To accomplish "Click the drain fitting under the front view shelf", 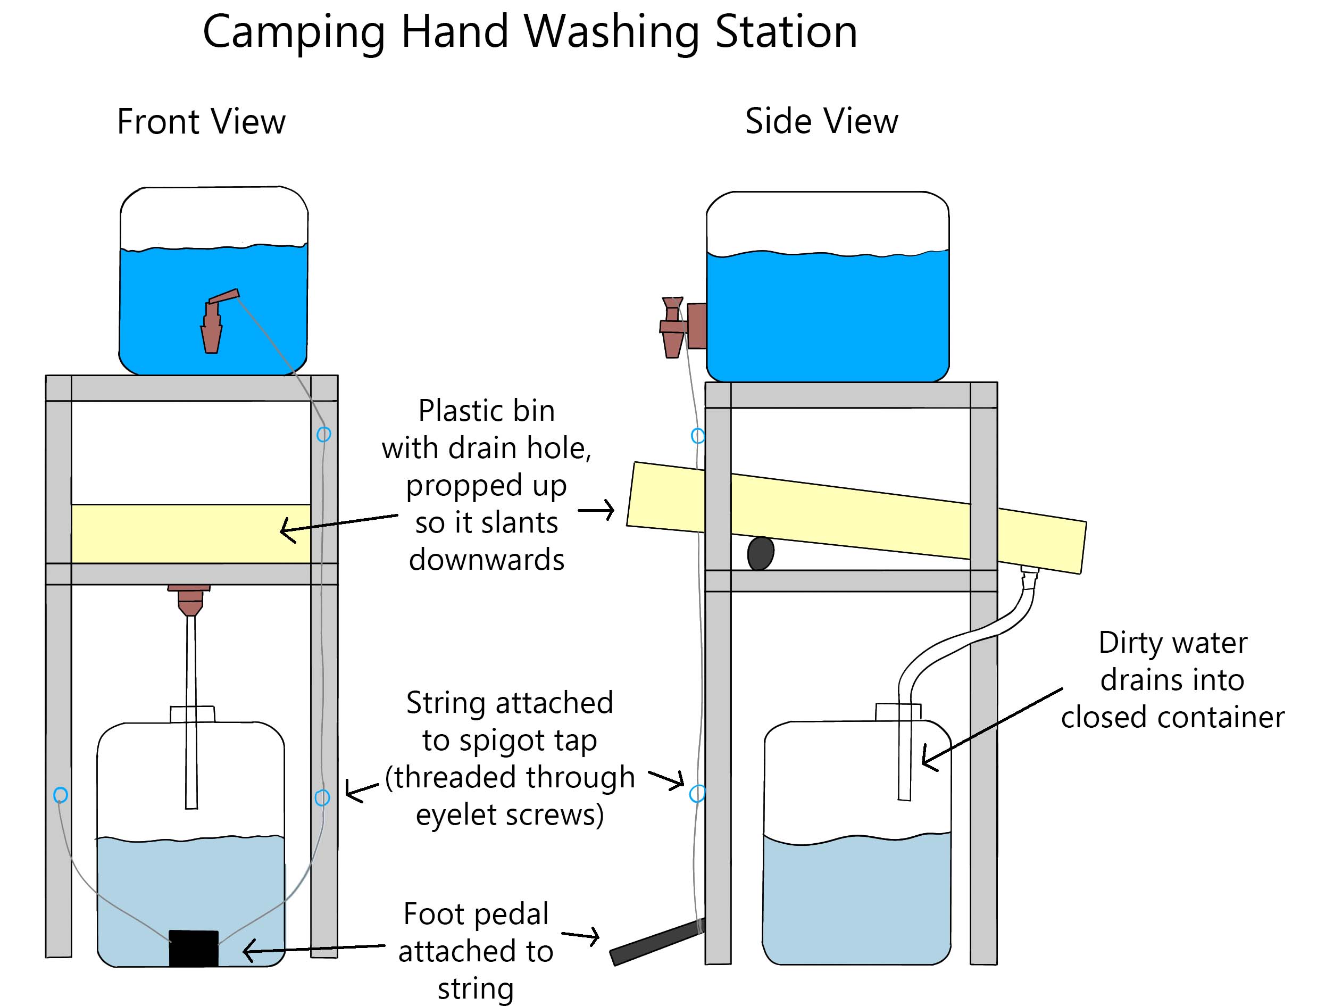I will coord(189,600).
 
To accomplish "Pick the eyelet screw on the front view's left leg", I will coord(61,795).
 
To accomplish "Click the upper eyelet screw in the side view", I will coord(697,435).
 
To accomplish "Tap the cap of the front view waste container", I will coord(192,714).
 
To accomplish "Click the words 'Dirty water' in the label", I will coord(1172,643).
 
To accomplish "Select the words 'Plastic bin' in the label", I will coord(486,411).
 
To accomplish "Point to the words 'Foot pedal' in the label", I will coord(476,914).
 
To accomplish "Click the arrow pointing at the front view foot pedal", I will coord(311,949).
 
